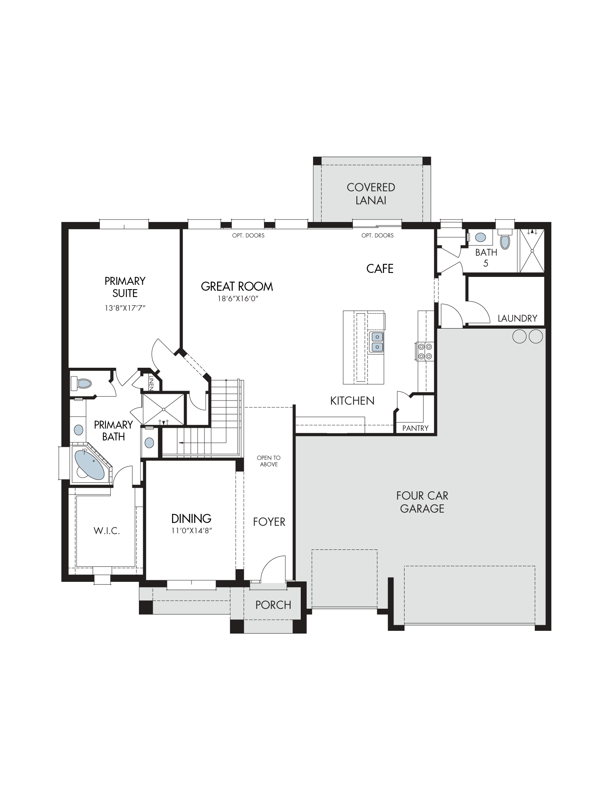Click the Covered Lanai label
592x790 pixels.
click(371, 194)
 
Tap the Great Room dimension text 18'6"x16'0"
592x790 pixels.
click(238, 299)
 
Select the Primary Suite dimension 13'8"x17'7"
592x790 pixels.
click(125, 308)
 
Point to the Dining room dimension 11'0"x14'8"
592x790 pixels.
click(192, 531)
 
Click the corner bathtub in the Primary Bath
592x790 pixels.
click(90, 463)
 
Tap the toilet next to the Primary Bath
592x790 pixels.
click(81, 383)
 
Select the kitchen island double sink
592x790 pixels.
click(377, 342)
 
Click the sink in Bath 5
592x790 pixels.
click(480, 237)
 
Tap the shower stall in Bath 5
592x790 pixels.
click(532, 250)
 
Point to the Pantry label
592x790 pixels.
click(415, 428)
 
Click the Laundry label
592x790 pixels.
click(517, 318)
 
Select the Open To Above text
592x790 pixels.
click(269, 461)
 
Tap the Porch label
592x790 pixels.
click(273, 605)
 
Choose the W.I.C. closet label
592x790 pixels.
click(107, 531)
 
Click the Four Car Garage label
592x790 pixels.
click(422, 502)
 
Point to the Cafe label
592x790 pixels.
click(380, 269)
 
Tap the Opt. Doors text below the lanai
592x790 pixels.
click(378, 235)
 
